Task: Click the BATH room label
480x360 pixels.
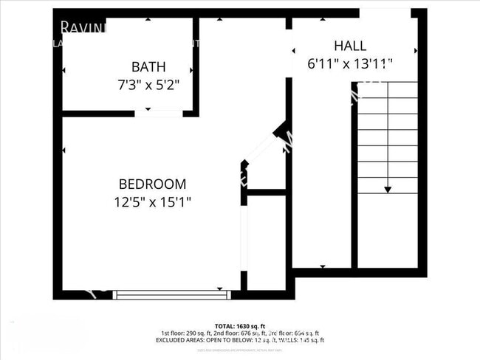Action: (x=148, y=67)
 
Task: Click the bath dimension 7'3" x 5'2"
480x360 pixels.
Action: (x=148, y=84)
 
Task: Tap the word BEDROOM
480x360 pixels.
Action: (x=153, y=184)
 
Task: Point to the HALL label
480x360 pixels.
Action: (x=349, y=46)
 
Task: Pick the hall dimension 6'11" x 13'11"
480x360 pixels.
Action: (x=349, y=64)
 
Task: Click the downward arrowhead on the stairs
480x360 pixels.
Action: (x=387, y=189)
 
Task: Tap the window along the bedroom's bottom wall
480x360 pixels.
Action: (x=171, y=294)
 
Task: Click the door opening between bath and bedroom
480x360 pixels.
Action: (x=159, y=113)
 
